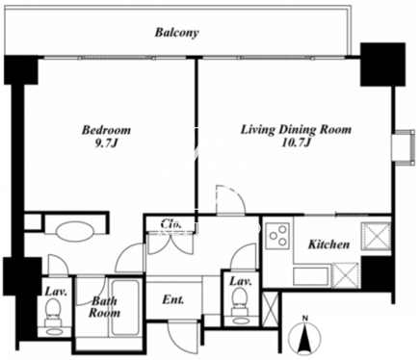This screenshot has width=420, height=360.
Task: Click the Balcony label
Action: coord(176,33)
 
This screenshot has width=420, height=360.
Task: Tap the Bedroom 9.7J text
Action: coord(106,137)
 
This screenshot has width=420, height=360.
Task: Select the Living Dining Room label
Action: coord(296,136)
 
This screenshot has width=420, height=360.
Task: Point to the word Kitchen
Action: coord(328,244)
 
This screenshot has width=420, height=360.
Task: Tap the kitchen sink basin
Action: coord(311,275)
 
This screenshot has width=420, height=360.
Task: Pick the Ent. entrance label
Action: coord(173,299)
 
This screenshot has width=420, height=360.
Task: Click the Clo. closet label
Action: coord(171,223)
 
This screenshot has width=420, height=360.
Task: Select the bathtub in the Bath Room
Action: coord(125,307)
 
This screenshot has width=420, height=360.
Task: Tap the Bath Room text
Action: coord(104,307)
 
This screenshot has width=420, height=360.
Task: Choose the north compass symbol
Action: coord(304,335)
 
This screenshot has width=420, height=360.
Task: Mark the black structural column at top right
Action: coord(382,64)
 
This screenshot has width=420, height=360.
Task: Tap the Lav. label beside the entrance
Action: coord(241,281)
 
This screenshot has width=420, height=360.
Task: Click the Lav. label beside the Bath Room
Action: coord(56,292)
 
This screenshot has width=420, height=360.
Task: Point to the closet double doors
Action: coord(170,244)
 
